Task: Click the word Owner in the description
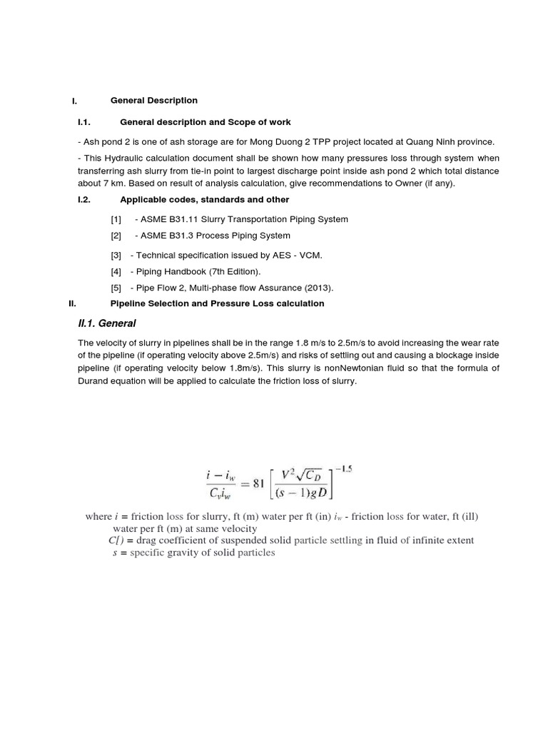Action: (405, 183)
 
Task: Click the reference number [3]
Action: (116, 255)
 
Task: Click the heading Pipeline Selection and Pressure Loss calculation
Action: (217, 303)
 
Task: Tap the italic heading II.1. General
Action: (106, 323)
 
